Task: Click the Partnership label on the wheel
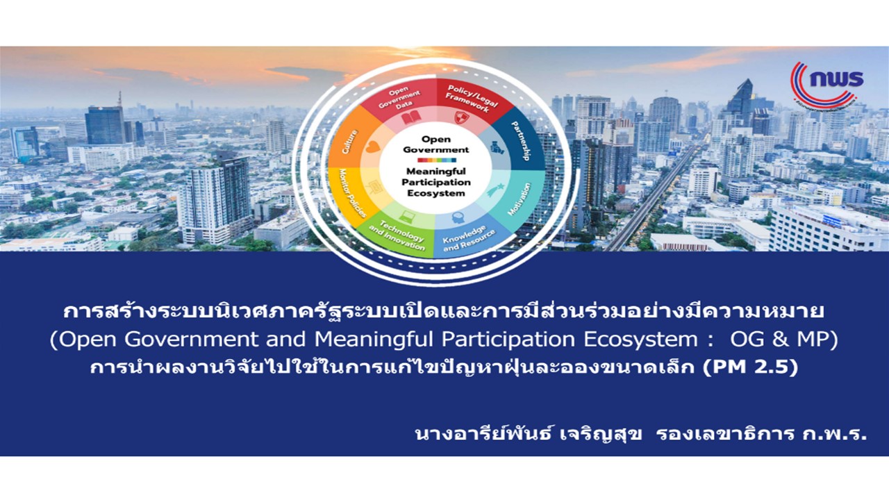521,141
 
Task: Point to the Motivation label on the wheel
520,199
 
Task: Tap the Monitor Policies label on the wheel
351,193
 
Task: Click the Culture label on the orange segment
349,142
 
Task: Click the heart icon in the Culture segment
372,147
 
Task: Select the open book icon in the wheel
410,118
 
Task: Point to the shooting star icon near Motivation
496,190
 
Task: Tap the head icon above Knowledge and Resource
458,217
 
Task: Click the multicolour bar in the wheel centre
437,160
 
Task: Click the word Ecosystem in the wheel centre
436,193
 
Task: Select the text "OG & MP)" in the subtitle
784,340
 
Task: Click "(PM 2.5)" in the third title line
750,367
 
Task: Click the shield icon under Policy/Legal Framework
462,117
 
